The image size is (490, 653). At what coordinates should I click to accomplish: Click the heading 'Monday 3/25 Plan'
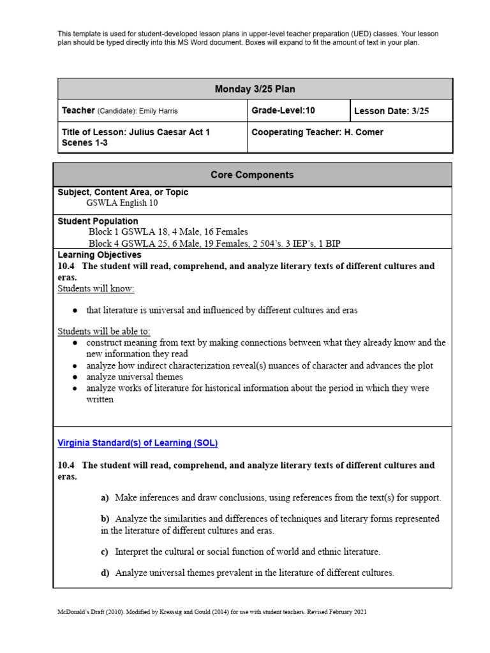point(255,89)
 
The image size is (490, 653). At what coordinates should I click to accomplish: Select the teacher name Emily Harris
point(156,111)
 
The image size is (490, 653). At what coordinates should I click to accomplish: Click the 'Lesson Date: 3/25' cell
point(391,111)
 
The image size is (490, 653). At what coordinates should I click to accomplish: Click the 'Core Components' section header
point(252,175)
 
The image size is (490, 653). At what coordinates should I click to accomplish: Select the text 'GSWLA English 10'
point(122,203)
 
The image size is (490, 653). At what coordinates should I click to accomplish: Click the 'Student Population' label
point(98,221)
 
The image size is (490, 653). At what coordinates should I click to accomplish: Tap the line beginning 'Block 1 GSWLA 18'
point(168,232)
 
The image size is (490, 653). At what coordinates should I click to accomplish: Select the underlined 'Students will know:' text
point(96,289)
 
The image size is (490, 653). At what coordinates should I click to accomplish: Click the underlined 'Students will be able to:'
point(104,332)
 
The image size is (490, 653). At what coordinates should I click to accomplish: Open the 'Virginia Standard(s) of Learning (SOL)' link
point(138,443)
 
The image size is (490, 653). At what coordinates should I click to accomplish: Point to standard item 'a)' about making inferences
point(271,497)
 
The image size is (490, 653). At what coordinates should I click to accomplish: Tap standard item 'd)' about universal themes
point(248,573)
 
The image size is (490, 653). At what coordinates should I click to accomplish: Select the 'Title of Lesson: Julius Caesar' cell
point(136,137)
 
